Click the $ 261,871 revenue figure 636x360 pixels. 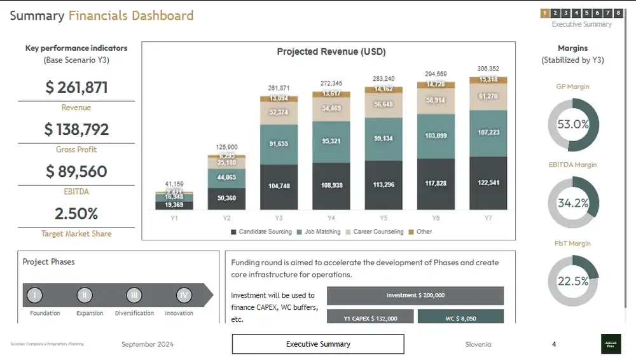[x=76, y=88]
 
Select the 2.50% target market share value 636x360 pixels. [x=76, y=213]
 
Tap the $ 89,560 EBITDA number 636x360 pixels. [x=76, y=171]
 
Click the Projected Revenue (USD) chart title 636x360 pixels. [x=331, y=52]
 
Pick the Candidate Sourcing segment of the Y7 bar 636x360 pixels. [x=488, y=183]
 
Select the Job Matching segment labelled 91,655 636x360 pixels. [x=279, y=144]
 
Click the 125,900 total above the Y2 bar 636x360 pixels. [x=227, y=147]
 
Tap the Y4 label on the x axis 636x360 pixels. [x=331, y=218]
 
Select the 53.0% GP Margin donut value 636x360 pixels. [x=573, y=125]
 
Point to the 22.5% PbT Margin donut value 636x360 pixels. [x=573, y=281]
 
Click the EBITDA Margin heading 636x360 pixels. [x=573, y=165]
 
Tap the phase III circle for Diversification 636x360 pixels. [x=134, y=295]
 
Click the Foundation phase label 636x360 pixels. [x=45, y=313]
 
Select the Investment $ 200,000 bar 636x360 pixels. [x=415, y=296]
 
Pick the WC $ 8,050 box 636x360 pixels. [x=460, y=318]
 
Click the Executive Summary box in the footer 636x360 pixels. [x=318, y=344]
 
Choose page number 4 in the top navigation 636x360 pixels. [x=576, y=13]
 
